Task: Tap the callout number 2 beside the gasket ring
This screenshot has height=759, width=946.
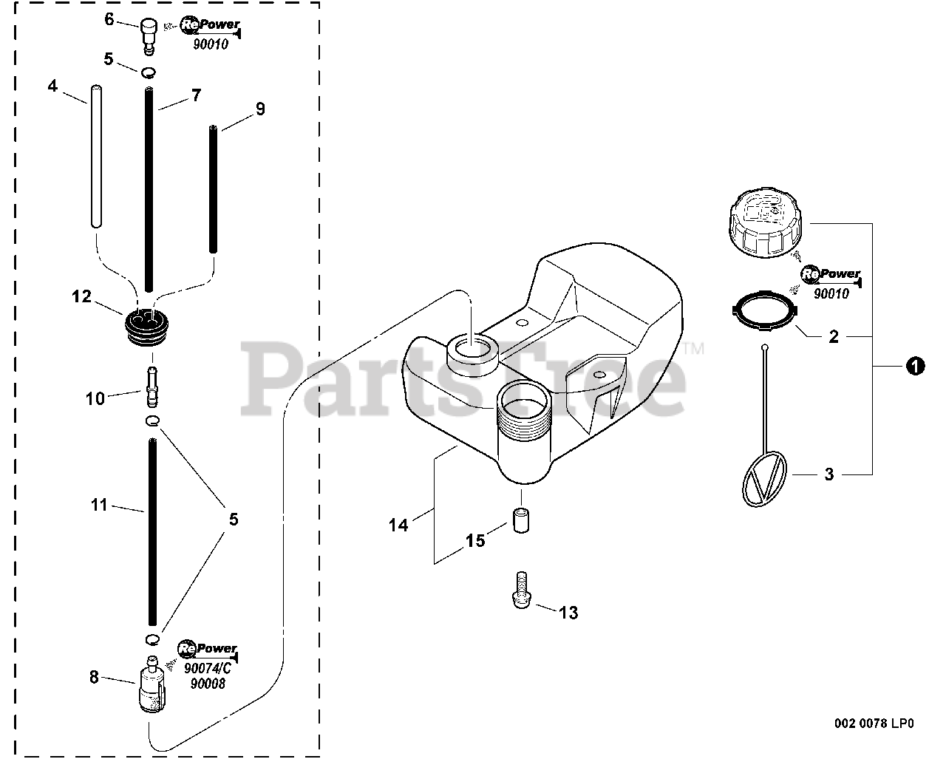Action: click(834, 337)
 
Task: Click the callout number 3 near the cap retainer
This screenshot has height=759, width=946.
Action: click(828, 474)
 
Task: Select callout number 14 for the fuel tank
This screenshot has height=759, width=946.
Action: click(398, 525)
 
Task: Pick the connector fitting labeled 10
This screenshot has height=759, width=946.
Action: click(153, 386)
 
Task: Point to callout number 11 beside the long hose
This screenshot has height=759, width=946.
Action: click(99, 506)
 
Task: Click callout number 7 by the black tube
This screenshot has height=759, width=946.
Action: click(196, 95)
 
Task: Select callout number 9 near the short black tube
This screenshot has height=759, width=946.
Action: click(260, 109)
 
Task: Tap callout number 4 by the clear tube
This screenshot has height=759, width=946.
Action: click(52, 86)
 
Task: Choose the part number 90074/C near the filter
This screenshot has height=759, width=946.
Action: click(208, 669)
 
